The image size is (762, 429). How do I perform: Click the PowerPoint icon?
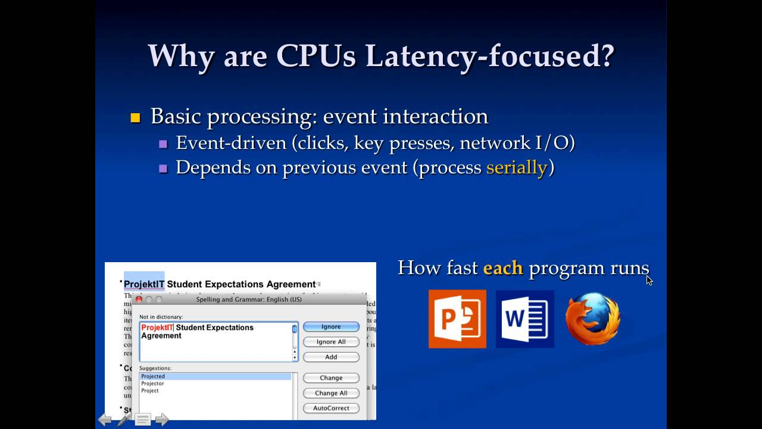click(x=457, y=319)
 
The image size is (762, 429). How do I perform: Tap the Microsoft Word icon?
click(x=524, y=319)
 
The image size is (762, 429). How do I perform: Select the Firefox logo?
click(x=593, y=319)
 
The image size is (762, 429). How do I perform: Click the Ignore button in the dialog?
click(x=331, y=327)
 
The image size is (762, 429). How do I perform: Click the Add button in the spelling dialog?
click(x=331, y=357)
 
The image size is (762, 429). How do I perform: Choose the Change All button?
click(x=331, y=393)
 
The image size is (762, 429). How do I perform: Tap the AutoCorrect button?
click(x=331, y=408)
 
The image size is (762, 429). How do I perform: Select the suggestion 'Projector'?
click(x=152, y=384)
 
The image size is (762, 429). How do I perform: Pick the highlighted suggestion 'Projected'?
click(x=153, y=377)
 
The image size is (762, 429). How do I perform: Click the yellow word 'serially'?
click(x=516, y=167)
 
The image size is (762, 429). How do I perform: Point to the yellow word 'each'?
click(x=502, y=268)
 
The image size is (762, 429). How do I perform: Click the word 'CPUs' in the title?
click(x=316, y=56)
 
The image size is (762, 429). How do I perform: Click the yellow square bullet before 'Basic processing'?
click(x=135, y=117)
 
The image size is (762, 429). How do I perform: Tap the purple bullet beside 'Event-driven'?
click(x=163, y=144)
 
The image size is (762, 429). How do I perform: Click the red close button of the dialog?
click(x=139, y=299)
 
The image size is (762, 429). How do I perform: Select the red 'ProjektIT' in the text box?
click(x=157, y=328)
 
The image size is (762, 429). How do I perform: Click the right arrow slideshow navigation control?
click(x=162, y=420)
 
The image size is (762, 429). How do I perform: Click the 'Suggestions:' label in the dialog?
click(x=155, y=368)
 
